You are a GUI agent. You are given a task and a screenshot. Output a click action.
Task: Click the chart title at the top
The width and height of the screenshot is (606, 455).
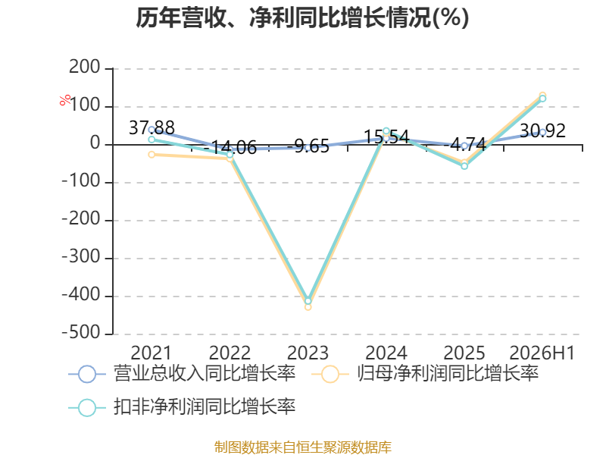(302, 17)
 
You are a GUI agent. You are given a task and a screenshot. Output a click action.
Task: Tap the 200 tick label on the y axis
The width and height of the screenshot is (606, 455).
(85, 67)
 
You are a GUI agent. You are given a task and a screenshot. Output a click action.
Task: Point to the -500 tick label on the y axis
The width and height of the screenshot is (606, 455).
(81, 333)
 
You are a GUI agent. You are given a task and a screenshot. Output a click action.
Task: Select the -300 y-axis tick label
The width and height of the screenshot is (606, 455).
(81, 257)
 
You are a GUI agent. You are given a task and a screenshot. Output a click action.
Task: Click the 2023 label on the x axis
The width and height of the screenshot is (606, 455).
(308, 353)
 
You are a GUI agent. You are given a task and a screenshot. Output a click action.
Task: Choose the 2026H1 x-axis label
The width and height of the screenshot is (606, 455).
(542, 353)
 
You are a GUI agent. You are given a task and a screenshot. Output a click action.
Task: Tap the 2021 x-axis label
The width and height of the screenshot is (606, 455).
(151, 353)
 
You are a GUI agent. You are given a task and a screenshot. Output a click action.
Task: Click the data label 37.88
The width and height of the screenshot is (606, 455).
(151, 127)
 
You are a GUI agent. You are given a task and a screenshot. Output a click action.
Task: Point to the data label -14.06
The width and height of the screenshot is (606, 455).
(230, 147)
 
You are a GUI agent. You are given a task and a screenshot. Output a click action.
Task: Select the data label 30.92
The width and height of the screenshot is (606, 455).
(542, 130)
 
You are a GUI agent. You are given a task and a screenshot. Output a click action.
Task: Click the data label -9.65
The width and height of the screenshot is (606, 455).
(308, 146)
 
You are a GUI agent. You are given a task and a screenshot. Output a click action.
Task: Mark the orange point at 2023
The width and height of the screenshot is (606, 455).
(308, 307)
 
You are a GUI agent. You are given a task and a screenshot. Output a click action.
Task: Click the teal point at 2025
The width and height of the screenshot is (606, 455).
(464, 166)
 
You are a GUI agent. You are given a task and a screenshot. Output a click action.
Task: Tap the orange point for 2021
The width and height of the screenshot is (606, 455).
(151, 155)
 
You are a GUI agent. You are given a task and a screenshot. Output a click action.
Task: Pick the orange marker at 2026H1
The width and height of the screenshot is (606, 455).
(542, 96)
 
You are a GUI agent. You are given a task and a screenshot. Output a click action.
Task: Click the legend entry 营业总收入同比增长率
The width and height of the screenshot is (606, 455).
(182, 374)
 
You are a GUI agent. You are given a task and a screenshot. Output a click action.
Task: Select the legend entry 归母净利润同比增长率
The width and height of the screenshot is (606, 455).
(425, 374)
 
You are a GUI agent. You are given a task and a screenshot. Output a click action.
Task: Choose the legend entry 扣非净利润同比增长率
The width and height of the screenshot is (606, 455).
(182, 407)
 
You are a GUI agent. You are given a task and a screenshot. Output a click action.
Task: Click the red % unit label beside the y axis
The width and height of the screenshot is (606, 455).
(65, 100)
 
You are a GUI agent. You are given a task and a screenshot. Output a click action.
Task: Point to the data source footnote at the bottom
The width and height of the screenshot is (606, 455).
(303, 447)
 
